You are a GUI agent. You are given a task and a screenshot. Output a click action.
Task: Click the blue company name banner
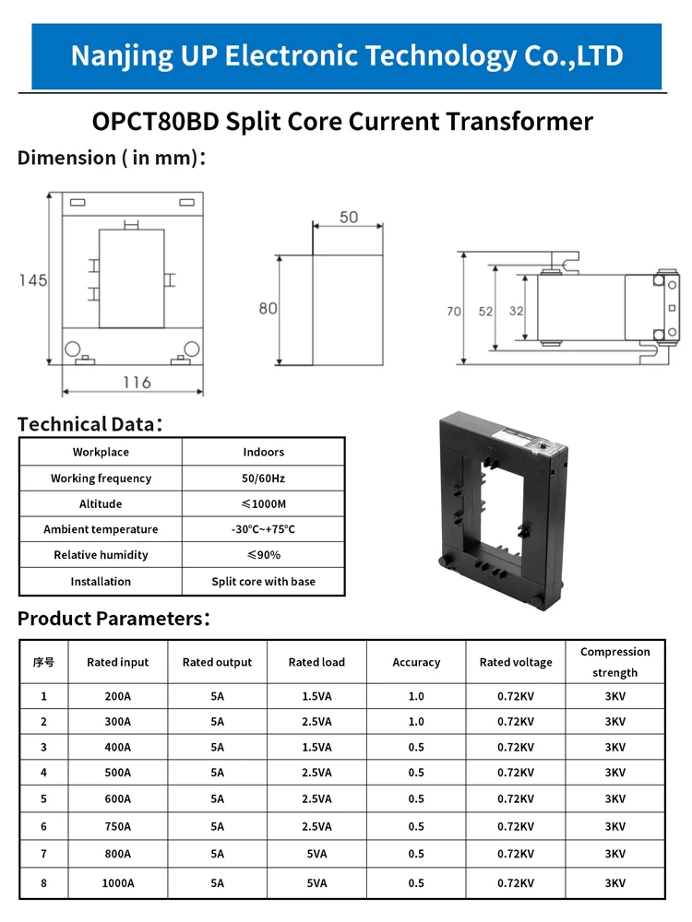tap(346, 56)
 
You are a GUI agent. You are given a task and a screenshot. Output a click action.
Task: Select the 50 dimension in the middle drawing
tap(348, 218)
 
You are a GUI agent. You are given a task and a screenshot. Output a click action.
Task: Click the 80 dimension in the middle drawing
tap(268, 308)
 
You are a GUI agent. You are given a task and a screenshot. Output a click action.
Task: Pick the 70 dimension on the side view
tap(454, 312)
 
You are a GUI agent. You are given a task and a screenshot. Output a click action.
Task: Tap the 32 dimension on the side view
tap(516, 312)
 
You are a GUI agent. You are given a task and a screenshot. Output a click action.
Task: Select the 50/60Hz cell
tap(263, 479)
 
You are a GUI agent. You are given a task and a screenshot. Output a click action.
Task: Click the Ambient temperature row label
tap(101, 529)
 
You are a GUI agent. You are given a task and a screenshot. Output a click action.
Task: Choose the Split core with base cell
tap(263, 582)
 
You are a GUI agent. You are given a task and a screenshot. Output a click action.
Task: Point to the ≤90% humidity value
tap(263, 555)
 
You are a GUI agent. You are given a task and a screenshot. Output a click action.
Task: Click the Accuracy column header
tap(416, 662)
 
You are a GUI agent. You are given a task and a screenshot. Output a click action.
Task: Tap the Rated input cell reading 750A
tap(118, 826)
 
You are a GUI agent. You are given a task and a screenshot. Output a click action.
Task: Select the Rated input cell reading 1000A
tap(118, 882)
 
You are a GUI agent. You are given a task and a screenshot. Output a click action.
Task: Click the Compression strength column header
tap(614, 662)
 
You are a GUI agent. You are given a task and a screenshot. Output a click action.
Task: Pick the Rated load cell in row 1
tap(316, 696)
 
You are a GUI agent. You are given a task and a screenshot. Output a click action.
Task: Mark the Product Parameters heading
tap(113, 618)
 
